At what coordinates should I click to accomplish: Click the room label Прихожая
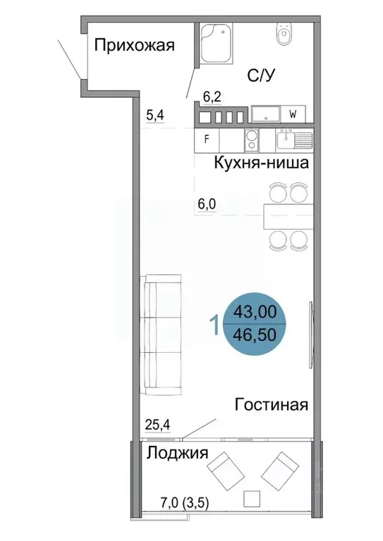tap(134, 46)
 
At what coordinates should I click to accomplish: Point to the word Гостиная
tap(272, 404)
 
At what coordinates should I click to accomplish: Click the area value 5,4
tap(154, 114)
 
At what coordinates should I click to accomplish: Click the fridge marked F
tap(207, 139)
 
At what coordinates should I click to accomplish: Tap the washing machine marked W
tap(292, 113)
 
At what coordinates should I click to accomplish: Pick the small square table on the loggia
tap(250, 499)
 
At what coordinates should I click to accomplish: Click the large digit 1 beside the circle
tap(214, 325)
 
